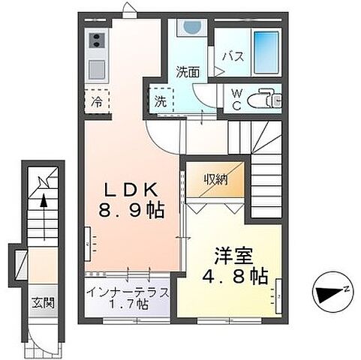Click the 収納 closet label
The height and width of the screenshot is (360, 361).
pyautogui.click(x=218, y=180)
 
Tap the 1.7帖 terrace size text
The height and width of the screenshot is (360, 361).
pyautogui.click(x=128, y=305)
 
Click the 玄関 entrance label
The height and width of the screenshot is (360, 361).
pyautogui.click(x=42, y=304)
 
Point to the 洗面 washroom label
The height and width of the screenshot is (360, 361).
pyautogui.click(x=188, y=73)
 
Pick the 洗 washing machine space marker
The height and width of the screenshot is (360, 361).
pyautogui.click(x=161, y=101)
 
